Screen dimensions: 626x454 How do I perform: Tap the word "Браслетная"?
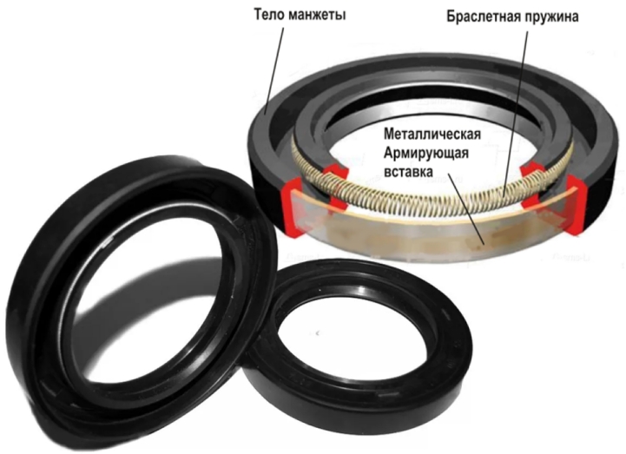click(482, 16)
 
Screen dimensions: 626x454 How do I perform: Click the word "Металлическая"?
click(432, 135)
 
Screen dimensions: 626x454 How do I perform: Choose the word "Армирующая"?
click(426, 154)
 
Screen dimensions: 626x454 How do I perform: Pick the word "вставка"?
click(408, 172)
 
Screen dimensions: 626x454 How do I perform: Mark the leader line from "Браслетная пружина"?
click(516, 113)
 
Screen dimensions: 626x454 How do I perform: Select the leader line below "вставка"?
click(465, 209)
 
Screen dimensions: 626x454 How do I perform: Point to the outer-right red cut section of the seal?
click(574, 204)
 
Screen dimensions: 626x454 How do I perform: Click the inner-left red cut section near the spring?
click(335, 184)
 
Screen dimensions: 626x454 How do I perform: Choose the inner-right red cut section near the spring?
click(533, 185)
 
